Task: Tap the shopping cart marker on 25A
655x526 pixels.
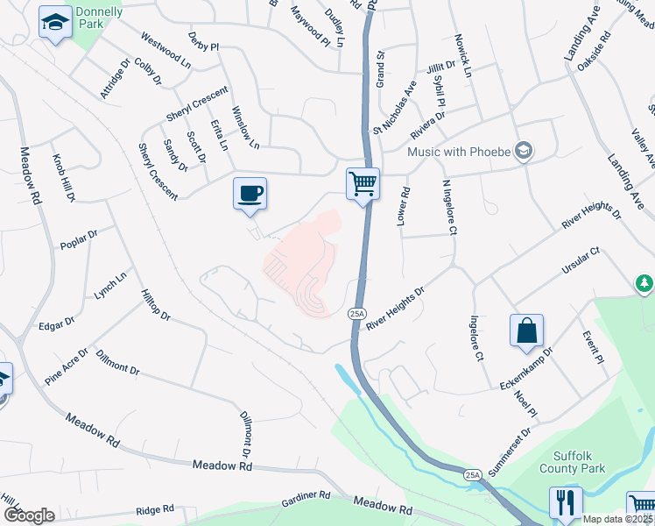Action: point(363,184)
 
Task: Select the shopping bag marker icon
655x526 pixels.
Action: point(526,331)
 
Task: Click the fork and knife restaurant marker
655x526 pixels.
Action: point(565,502)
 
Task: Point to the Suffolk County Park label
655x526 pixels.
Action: point(592,462)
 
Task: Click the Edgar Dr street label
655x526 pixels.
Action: point(58,325)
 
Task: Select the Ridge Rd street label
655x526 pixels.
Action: point(155,509)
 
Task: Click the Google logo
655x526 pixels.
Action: point(29,515)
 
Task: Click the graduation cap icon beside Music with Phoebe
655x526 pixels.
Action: point(524,149)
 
